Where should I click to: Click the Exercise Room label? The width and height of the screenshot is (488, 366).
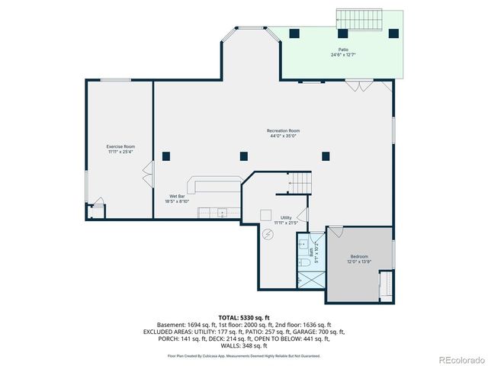pos(120,149)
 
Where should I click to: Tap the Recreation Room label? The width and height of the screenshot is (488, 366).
pos(283,133)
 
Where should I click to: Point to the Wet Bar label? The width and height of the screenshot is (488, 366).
pos(178,198)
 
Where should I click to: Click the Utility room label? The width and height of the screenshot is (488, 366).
pos(286,220)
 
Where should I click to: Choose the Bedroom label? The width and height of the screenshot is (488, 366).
pos(359,258)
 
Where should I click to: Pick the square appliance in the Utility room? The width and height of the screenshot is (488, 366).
pos(266,214)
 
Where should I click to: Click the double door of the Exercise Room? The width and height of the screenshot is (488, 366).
pos(145,181)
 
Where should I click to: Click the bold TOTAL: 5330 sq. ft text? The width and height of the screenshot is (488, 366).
pos(244,316)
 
